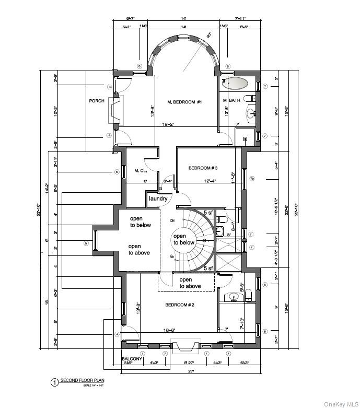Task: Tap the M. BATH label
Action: coord(231,100)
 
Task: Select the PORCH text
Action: coord(97,101)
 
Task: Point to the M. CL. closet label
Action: coord(141,171)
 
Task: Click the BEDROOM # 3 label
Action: coord(203,168)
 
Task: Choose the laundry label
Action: coord(158,199)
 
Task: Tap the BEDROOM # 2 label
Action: coord(180,305)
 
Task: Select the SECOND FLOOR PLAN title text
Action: coord(83,380)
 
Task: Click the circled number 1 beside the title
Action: coord(54,382)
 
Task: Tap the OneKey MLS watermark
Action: coord(339,404)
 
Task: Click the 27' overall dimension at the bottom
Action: coord(191,371)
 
